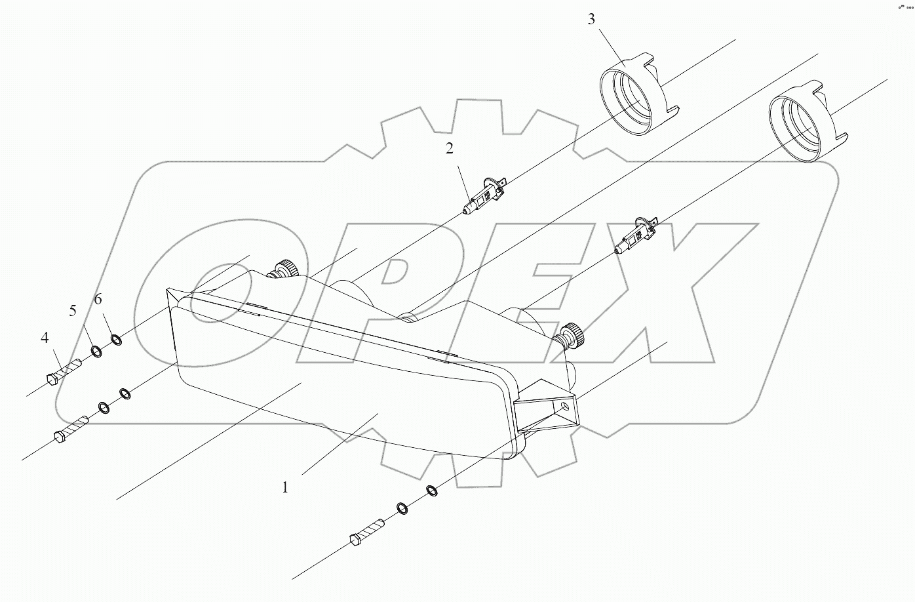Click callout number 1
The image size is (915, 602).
pyautogui.click(x=285, y=487)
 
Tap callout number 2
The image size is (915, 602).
pyautogui.click(x=450, y=149)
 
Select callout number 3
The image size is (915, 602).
pyautogui.click(x=591, y=19)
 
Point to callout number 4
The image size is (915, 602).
pyautogui.click(x=45, y=338)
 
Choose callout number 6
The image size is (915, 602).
pyautogui.click(x=98, y=300)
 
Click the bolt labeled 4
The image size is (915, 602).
pyautogui.click(x=64, y=372)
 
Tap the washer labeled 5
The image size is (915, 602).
pyautogui.click(x=96, y=352)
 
